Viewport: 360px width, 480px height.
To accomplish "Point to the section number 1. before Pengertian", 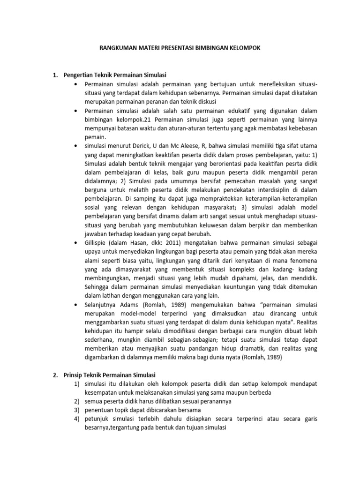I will click(x=54, y=75).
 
